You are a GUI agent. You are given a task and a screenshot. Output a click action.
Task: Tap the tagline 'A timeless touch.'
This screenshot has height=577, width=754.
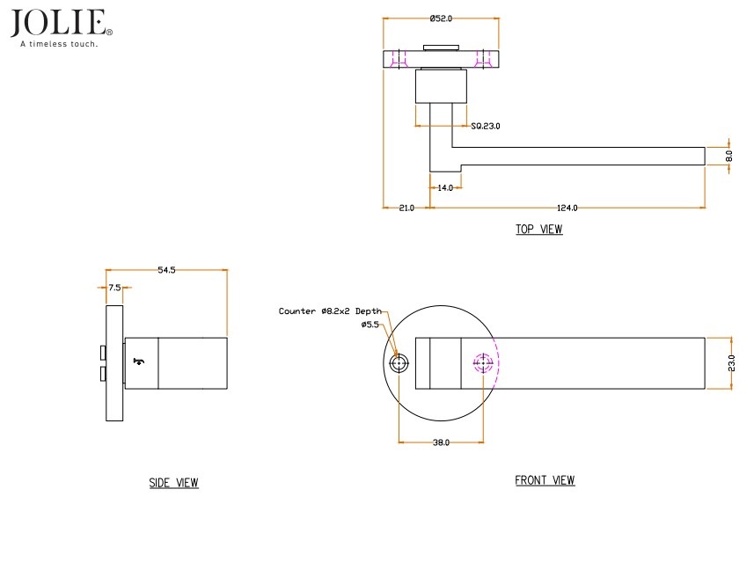tap(60, 43)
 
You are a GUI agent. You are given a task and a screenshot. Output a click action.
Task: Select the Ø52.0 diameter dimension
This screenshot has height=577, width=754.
tap(441, 18)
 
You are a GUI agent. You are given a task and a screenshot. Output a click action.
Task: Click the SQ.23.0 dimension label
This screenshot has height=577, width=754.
tap(485, 127)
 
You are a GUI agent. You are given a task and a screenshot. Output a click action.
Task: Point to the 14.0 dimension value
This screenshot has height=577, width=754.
tap(445, 187)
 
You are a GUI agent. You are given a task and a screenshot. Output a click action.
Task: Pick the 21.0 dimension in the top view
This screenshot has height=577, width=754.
tap(406, 208)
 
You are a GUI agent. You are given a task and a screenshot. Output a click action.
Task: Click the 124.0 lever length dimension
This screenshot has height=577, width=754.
tap(567, 208)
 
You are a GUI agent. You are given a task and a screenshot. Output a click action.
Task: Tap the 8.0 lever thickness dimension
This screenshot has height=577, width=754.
tap(729, 155)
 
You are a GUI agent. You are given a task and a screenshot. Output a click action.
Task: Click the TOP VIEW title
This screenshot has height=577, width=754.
tap(538, 230)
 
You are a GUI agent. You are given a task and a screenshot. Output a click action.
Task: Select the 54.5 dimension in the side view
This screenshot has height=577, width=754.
tap(166, 270)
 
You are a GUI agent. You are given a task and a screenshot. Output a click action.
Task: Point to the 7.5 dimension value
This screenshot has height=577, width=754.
tap(114, 288)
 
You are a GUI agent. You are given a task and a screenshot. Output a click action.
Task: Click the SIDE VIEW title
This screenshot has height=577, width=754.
tap(173, 483)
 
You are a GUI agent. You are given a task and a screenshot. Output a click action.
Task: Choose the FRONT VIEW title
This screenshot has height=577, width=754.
tap(545, 480)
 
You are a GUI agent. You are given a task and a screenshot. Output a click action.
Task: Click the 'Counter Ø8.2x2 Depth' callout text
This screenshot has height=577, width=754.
tap(331, 311)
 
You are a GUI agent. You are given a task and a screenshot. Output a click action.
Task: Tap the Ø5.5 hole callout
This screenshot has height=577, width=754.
tap(370, 325)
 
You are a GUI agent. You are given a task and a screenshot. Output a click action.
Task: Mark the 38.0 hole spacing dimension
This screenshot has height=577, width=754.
tap(441, 442)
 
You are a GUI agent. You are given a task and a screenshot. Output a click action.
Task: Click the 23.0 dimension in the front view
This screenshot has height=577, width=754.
tap(731, 362)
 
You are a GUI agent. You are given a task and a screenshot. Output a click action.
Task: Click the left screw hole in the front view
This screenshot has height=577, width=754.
tap(400, 363)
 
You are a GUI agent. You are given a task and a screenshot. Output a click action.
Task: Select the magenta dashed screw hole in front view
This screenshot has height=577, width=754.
tap(483, 362)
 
